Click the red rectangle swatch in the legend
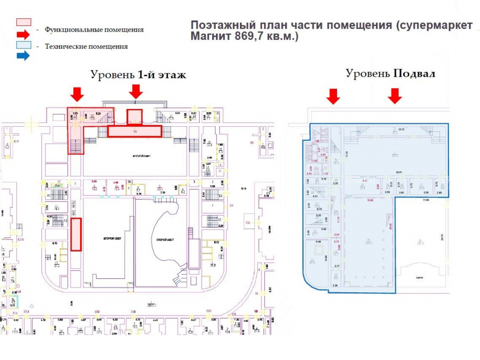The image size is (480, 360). pos(24,22)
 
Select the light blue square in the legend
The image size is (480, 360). pos(24,45)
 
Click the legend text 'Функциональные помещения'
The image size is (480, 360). pos(94,30)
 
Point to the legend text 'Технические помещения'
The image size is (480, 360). pos(86,47)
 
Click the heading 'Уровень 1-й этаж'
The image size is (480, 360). pos(138,75)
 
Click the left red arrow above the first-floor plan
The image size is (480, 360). pos(76,93)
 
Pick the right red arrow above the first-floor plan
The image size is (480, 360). pos(136,91)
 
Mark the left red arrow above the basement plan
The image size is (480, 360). pos(333,96)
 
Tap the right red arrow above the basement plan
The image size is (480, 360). pos(395,96)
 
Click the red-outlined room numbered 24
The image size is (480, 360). pos(134,131)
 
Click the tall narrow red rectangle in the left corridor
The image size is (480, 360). pos(76,234)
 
